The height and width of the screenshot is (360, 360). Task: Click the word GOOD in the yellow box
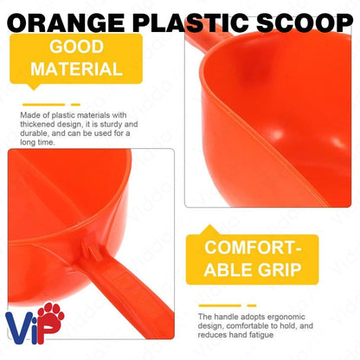[x=78, y=46]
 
